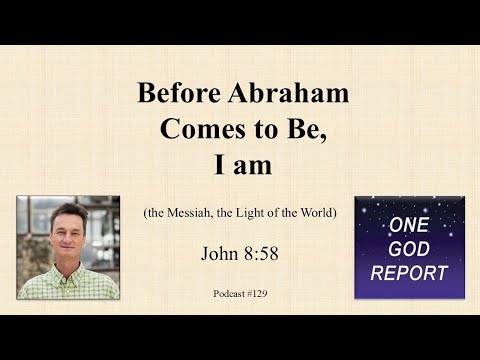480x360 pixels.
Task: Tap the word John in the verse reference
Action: [x=219, y=252]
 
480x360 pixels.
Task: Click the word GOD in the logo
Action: [x=408, y=249]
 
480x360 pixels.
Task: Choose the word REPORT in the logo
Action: [x=408, y=271]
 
